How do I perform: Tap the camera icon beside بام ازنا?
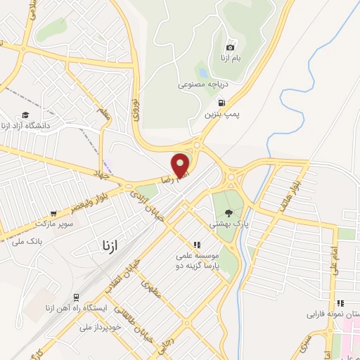pyautogui.click(x=230, y=47)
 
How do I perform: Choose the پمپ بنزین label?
pyautogui.click(x=223, y=112)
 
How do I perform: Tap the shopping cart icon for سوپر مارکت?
pyautogui.click(x=53, y=213)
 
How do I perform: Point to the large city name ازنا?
pyautogui.click(x=107, y=246)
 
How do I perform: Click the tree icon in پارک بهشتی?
pyautogui.click(x=228, y=212)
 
